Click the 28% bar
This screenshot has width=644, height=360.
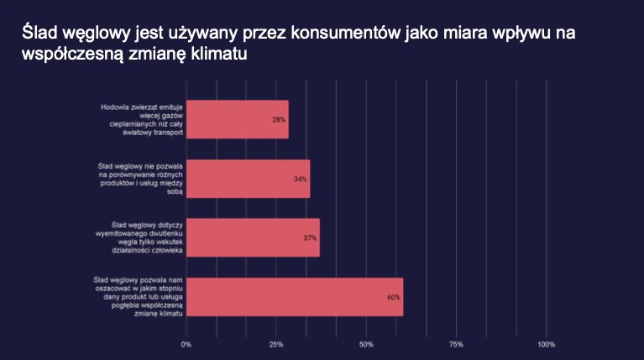click(x=238, y=119)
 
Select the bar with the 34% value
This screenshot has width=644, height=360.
click(x=248, y=179)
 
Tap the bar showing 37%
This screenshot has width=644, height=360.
click(x=253, y=237)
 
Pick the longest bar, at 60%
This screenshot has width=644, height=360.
click(x=295, y=297)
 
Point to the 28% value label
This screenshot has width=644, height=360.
click(x=279, y=120)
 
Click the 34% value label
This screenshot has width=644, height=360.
click(x=301, y=179)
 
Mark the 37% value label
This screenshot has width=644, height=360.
click(x=310, y=238)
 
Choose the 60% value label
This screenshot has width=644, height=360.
click(x=394, y=297)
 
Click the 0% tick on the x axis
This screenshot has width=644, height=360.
click(x=186, y=344)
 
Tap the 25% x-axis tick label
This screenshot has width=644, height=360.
click(x=276, y=344)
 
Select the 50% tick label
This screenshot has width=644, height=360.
click(x=366, y=344)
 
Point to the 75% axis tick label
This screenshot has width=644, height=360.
click(x=456, y=344)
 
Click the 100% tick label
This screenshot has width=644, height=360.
click(x=547, y=344)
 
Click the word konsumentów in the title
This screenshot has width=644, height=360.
click(x=345, y=33)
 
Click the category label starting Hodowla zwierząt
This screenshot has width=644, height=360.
click(x=142, y=119)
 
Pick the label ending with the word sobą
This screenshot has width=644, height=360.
click(x=140, y=179)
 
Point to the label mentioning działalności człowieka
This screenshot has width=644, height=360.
click(x=139, y=237)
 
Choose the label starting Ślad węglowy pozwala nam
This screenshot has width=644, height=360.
click(x=138, y=297)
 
